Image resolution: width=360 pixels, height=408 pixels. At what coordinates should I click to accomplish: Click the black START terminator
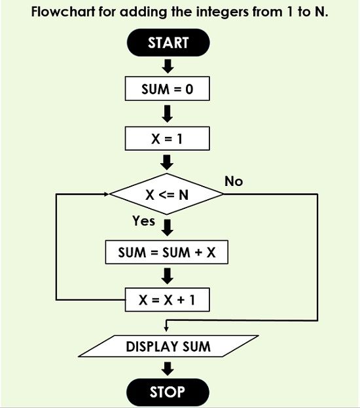[x=168, y=43]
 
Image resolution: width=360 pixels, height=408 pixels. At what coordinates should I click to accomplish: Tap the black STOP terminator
[x=168, y=392]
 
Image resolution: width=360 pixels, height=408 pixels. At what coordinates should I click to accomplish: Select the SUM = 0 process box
[x=168, y=88]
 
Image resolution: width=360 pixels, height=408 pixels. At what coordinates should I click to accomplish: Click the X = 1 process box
[x=168, y=139]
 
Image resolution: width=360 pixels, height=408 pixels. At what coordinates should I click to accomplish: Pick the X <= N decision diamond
[x=167, y=195]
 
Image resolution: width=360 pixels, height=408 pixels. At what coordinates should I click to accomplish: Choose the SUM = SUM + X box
[x=167, y=252]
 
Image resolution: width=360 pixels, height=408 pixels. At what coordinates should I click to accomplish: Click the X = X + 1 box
[x=168, y=301]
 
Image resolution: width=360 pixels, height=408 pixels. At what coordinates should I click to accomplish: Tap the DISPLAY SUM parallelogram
[x=168, y=346]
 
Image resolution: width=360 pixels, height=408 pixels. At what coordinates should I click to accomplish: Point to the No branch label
[x=234, y=181]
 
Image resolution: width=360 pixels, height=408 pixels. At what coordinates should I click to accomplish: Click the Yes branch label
[x=143, y=221]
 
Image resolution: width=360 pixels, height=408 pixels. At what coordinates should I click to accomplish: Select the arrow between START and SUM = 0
[x=168, y=66]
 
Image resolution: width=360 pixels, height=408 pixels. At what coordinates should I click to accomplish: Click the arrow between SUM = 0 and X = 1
[x=168, y=114]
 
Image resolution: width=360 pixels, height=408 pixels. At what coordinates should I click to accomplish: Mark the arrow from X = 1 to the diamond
[x=168, y=162]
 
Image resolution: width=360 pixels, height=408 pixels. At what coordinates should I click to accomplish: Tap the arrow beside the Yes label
[x=168, y=227]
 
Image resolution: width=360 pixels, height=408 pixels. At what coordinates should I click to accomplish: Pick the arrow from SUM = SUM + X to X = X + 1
[x=168, y=276]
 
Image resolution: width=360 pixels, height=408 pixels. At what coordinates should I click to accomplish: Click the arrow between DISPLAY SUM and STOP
[x=168, y=369]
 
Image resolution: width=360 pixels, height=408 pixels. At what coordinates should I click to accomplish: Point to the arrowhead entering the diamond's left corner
[x=107, y=194]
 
